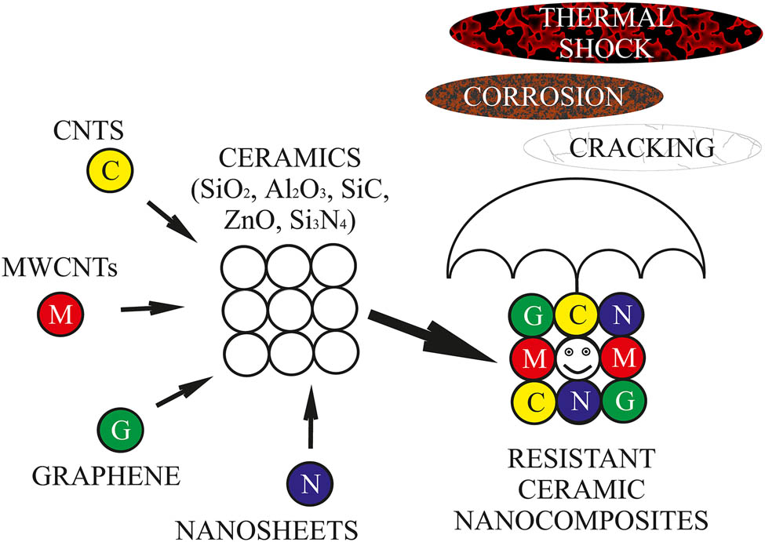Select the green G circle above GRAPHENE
(121, 428)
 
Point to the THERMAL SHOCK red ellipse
(606, 31)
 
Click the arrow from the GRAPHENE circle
(184, 391)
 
